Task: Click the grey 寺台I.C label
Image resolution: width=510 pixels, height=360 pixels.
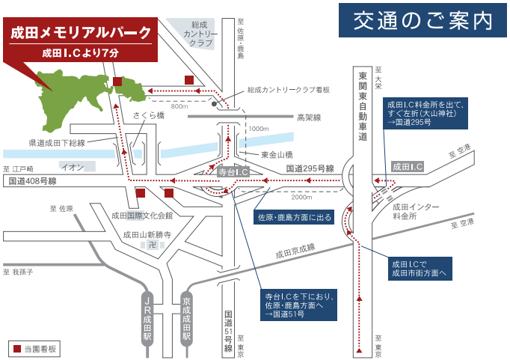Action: pos(232,171)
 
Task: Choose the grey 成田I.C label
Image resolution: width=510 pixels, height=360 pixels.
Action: pos(408,166)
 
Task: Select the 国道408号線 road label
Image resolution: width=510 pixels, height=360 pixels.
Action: pos(33,181)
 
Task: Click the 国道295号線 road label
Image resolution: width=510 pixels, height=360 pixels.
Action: pos(310,169)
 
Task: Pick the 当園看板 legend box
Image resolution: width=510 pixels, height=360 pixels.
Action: pos(34,349)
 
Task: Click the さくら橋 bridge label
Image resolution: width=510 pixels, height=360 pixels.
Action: pos(149,115)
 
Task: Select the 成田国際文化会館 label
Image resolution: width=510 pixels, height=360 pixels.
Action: pos(141,216)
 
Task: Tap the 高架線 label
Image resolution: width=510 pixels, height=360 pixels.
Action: pos(308,118)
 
